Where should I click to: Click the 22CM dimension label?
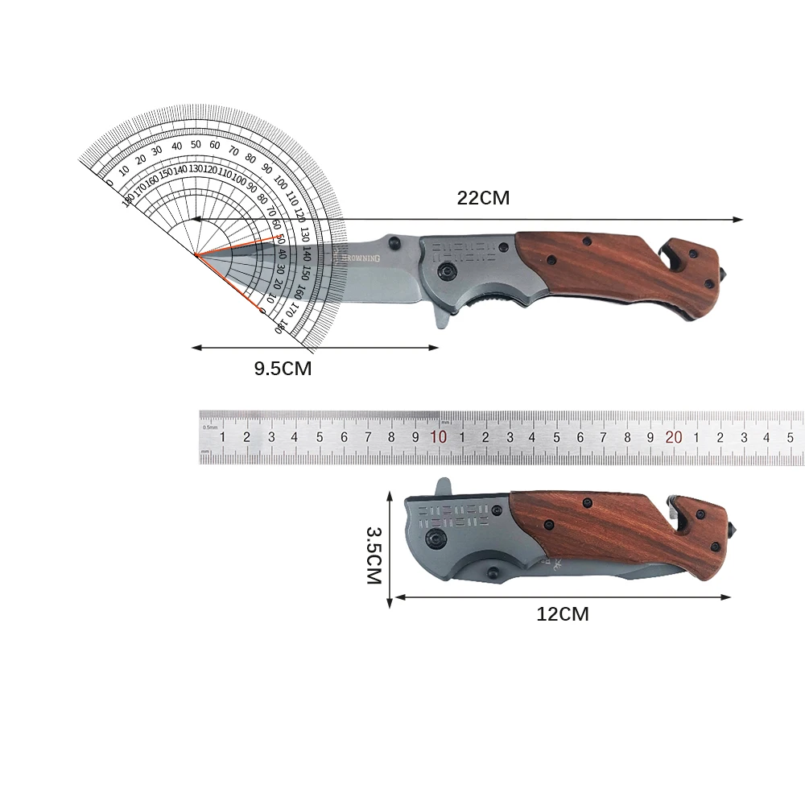click(483, 198)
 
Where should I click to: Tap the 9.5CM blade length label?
click(283, 369)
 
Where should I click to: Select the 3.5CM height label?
click(374, 555)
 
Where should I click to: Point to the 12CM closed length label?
click(563, 614)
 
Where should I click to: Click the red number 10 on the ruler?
click(439, 437)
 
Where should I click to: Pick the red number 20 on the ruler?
click(674, 437)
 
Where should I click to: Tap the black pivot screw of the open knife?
click(444, 274)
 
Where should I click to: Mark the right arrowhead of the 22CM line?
click(738, 220)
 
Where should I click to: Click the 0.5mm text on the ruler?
click(210, 427)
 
